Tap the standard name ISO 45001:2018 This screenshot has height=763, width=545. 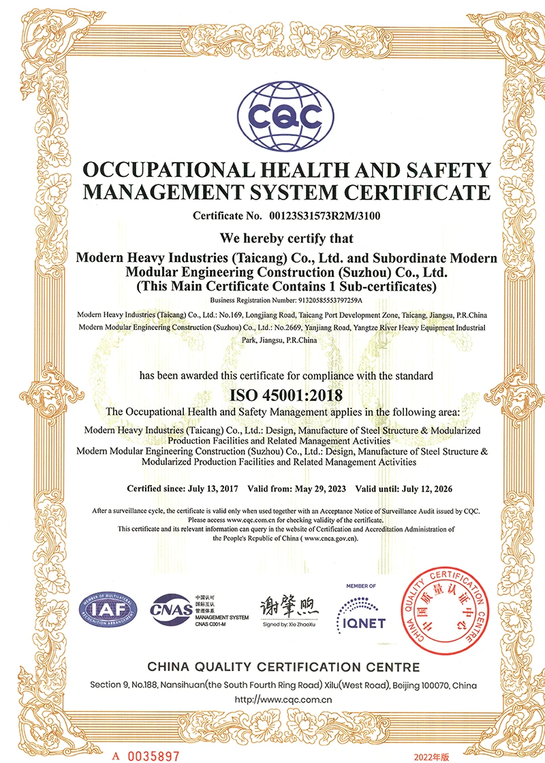(x=285, y=394)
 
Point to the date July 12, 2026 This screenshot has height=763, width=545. (x=424, y=489)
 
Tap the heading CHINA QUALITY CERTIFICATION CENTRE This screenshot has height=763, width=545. (x=283, y=666)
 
